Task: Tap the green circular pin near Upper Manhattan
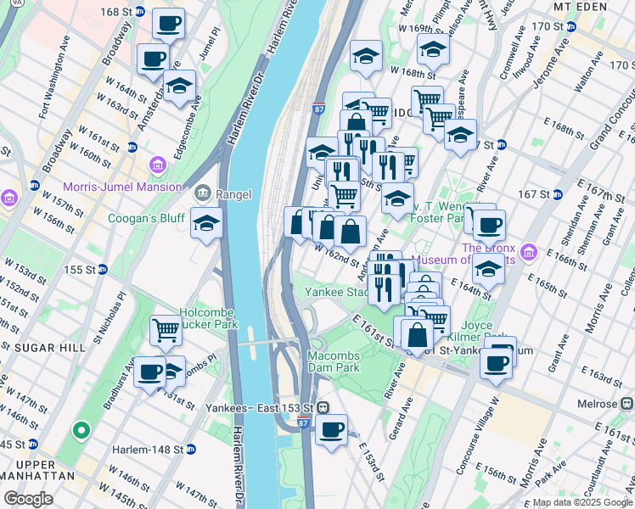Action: click(81, 432)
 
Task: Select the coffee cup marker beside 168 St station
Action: click(169, 25)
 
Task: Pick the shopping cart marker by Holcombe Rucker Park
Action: click(166, 331)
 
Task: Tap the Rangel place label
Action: click(233, 194)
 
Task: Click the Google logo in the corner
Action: click(28, 498)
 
